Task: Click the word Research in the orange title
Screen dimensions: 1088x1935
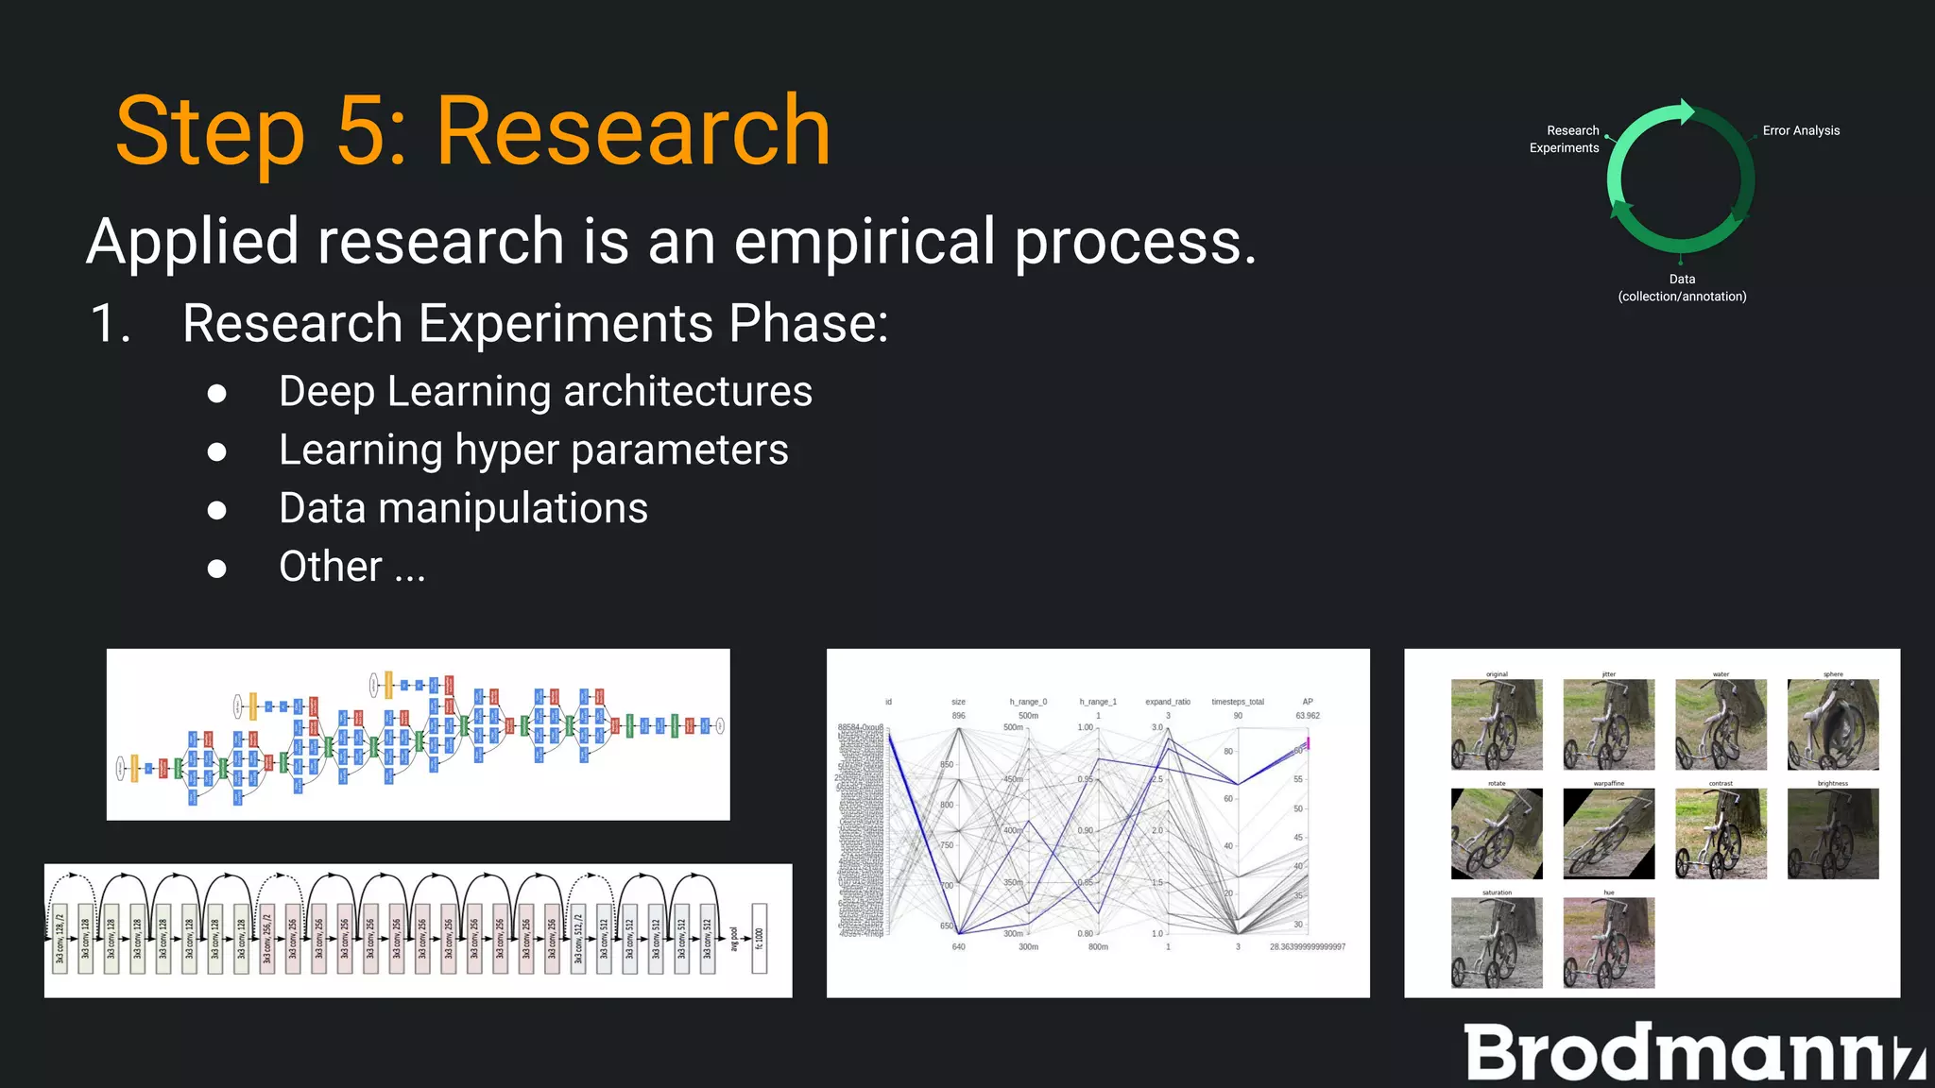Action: point(633,132)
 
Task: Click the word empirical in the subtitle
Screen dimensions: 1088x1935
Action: point(864,242)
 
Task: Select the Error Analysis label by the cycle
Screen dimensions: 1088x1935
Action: point(1801,130)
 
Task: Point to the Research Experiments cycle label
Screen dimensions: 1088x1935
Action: point(1565,139)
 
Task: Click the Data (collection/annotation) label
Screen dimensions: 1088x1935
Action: point(1682,288)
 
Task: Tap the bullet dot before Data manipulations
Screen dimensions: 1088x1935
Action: point(217,511)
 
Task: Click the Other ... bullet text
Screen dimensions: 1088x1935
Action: point(351,567)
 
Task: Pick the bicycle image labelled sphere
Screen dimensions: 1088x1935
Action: point(1832,724)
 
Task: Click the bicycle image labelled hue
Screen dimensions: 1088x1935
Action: point(1608,943)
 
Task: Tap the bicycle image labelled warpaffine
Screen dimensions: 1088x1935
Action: point(1608,833)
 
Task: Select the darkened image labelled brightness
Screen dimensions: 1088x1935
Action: point(1832,833)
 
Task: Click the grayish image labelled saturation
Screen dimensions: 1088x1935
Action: point(1497,943)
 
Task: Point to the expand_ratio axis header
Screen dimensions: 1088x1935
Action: point(1168,702)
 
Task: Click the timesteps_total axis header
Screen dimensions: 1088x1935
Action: point(1238,702)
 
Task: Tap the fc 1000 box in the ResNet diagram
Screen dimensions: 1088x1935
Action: point(759,937)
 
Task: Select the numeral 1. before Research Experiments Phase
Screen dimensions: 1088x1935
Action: point(110,324)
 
